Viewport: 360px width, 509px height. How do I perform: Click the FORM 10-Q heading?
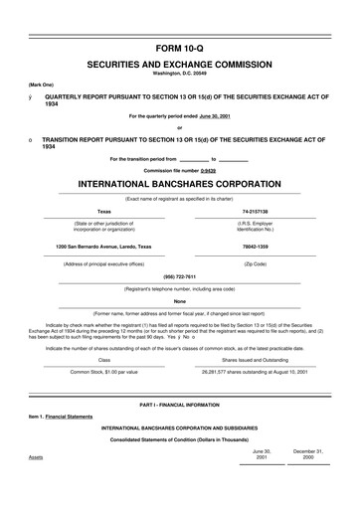[180, 49]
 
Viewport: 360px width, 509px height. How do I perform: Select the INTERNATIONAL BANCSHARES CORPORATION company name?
[180, 185]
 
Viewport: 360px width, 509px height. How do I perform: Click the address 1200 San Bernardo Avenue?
[104, 245]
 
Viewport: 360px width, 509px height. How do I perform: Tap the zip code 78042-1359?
[256, 245]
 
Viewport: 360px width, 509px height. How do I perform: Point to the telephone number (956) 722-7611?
[180, 277]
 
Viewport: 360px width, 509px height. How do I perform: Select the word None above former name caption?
[180, 300]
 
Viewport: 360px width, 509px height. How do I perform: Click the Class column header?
[104, 360]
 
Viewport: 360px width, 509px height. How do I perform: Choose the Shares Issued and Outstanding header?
[257, 360]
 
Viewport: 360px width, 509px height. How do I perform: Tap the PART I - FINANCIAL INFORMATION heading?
[180, 408]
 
